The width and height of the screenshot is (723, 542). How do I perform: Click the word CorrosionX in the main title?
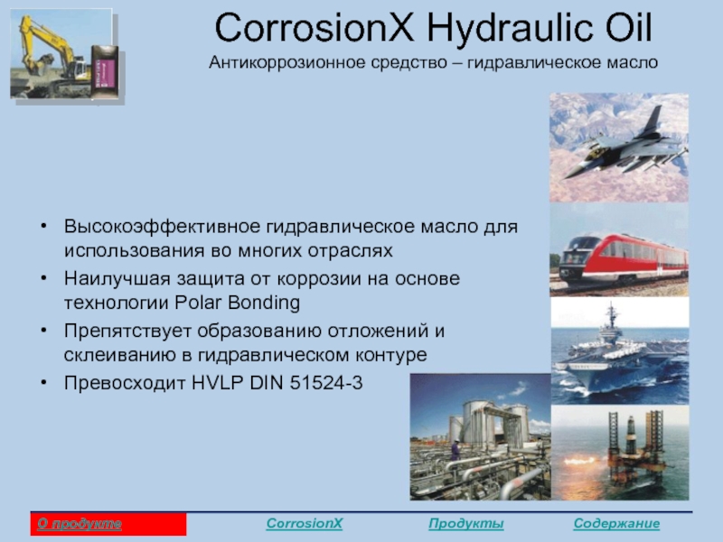coord(315,28)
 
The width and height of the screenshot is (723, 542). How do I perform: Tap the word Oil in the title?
coord(628,28)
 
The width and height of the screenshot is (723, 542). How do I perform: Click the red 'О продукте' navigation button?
coord(108,524)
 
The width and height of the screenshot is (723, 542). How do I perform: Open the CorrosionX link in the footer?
coord(305,524)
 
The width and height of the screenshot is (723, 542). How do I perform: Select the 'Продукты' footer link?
coord(465,524)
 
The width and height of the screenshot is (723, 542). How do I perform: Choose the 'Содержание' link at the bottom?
coord(616,524)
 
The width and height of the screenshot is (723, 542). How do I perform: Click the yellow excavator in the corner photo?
coord(51,55)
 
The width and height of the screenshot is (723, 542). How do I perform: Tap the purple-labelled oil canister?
coord(105,71)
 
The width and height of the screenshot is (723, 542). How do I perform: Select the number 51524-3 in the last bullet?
coord(326,383)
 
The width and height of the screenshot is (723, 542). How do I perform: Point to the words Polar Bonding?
coord(238,303)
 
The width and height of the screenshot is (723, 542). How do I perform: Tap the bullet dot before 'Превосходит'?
coord(43,382)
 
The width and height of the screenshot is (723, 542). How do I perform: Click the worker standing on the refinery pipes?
coord(455,450)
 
